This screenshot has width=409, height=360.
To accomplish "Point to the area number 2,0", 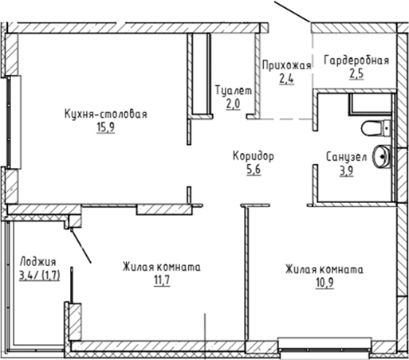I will [x=234, y=105].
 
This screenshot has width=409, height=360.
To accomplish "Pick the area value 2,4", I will [x=285, y=77].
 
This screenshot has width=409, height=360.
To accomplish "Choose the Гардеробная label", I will [x=356, y=62].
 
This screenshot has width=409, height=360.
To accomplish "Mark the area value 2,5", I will [x=356, y=77].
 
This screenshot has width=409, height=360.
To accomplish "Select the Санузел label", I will [x=346, y=157].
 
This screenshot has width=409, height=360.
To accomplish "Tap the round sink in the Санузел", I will [x=383, y=157].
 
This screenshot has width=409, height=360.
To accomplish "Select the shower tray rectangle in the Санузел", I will [x=371, y=104].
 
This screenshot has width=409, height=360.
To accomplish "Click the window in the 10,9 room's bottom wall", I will [x=324, y=346].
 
